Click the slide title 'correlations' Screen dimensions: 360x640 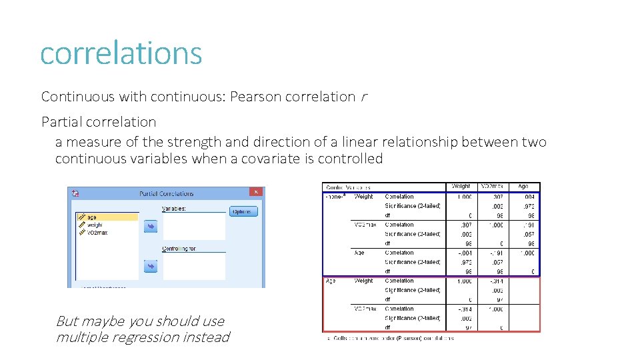(121, 53)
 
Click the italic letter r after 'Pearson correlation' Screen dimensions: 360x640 (363, 97)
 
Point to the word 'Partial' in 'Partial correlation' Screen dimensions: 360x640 (61, 122)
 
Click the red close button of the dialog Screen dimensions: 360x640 (256, 192)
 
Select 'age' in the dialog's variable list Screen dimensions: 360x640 (92, 217)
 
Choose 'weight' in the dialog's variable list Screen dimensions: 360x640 (95, 225)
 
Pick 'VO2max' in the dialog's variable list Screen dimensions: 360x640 (97, 233)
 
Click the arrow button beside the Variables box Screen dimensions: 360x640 (150, 227)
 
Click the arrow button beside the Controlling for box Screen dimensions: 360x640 (150, 266)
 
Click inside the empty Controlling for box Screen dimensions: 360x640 (193, 266)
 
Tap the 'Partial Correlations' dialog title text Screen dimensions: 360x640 (166, 193)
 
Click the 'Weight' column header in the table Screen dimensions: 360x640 (461, 187)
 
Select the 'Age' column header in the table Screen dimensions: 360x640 (523, 187)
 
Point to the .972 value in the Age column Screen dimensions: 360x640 (527, 206)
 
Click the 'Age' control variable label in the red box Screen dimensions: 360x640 (331, 281)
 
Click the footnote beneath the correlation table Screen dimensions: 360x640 (390, 339)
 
